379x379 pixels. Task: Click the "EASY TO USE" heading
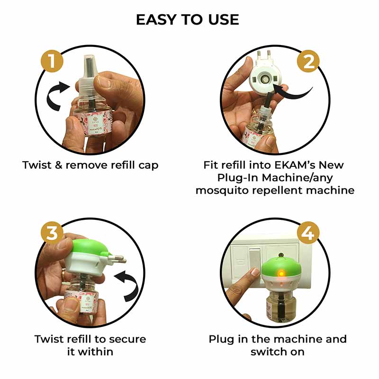(x=188, y=19)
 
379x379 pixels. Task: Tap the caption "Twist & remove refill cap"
(x=90, y=165)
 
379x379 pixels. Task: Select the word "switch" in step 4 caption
(x=268, y=352)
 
